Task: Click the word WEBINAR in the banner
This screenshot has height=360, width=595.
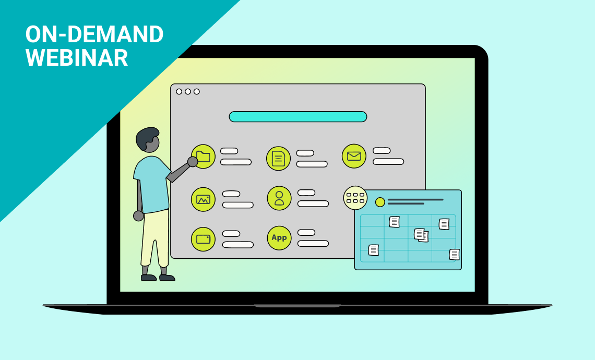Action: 77,58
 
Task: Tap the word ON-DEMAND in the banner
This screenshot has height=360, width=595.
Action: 94,34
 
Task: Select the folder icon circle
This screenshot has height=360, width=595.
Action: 204,157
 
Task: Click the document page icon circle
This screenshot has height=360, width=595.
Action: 279,158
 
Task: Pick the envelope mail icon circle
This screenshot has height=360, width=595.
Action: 354,156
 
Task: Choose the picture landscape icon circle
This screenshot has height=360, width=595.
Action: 204,199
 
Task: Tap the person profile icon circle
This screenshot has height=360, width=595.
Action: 279,198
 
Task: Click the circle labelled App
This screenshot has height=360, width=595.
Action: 279,238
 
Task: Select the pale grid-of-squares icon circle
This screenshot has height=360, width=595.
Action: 355,198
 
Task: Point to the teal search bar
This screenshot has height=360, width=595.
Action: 298,116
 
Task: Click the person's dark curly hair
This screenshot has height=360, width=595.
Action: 147,137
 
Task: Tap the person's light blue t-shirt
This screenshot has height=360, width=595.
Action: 152,184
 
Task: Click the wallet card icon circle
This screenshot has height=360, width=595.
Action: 204,239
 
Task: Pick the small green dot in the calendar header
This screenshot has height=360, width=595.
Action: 380,202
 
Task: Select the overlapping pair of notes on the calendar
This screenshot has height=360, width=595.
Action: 421,235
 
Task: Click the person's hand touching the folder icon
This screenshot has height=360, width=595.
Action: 193,162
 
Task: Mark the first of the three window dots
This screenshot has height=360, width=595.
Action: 179,91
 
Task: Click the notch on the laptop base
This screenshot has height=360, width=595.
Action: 297,306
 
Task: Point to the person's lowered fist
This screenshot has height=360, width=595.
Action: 138,216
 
